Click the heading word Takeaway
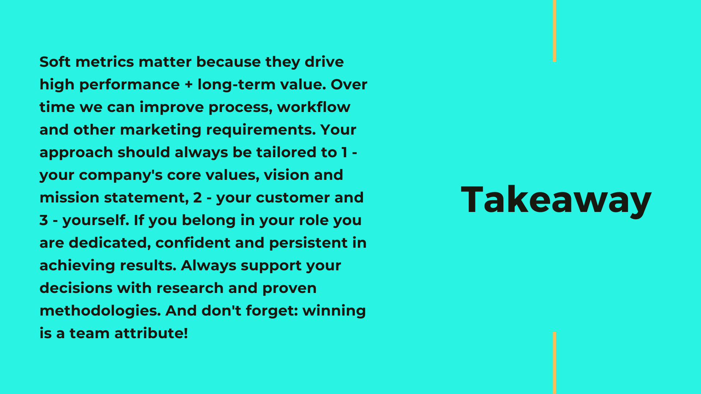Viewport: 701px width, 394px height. (556, 200)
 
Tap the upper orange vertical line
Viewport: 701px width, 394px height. (554, 31)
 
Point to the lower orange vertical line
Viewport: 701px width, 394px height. (554, 363)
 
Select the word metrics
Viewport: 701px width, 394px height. (104, 62)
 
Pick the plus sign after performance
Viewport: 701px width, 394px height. (188, 85)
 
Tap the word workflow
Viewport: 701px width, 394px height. (314, 107)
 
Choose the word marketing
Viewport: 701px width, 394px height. (161, 130)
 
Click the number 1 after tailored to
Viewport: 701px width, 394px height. (344, 152)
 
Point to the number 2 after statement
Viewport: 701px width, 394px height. (198, 198)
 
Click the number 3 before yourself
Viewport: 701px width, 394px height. (44, 220)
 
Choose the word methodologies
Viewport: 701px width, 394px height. (100, 311)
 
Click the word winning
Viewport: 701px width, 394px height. (334, 311)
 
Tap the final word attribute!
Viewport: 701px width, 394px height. (151, 333)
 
